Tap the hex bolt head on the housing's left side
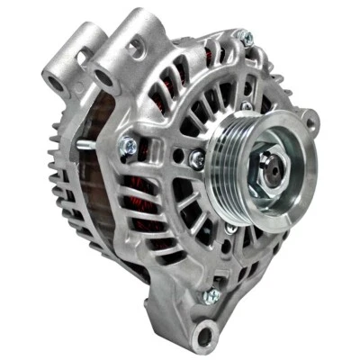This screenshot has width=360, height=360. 129,144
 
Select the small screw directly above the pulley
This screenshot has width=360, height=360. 246,106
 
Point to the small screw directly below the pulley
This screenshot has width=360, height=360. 230,229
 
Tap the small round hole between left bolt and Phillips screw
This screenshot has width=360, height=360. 171,155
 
